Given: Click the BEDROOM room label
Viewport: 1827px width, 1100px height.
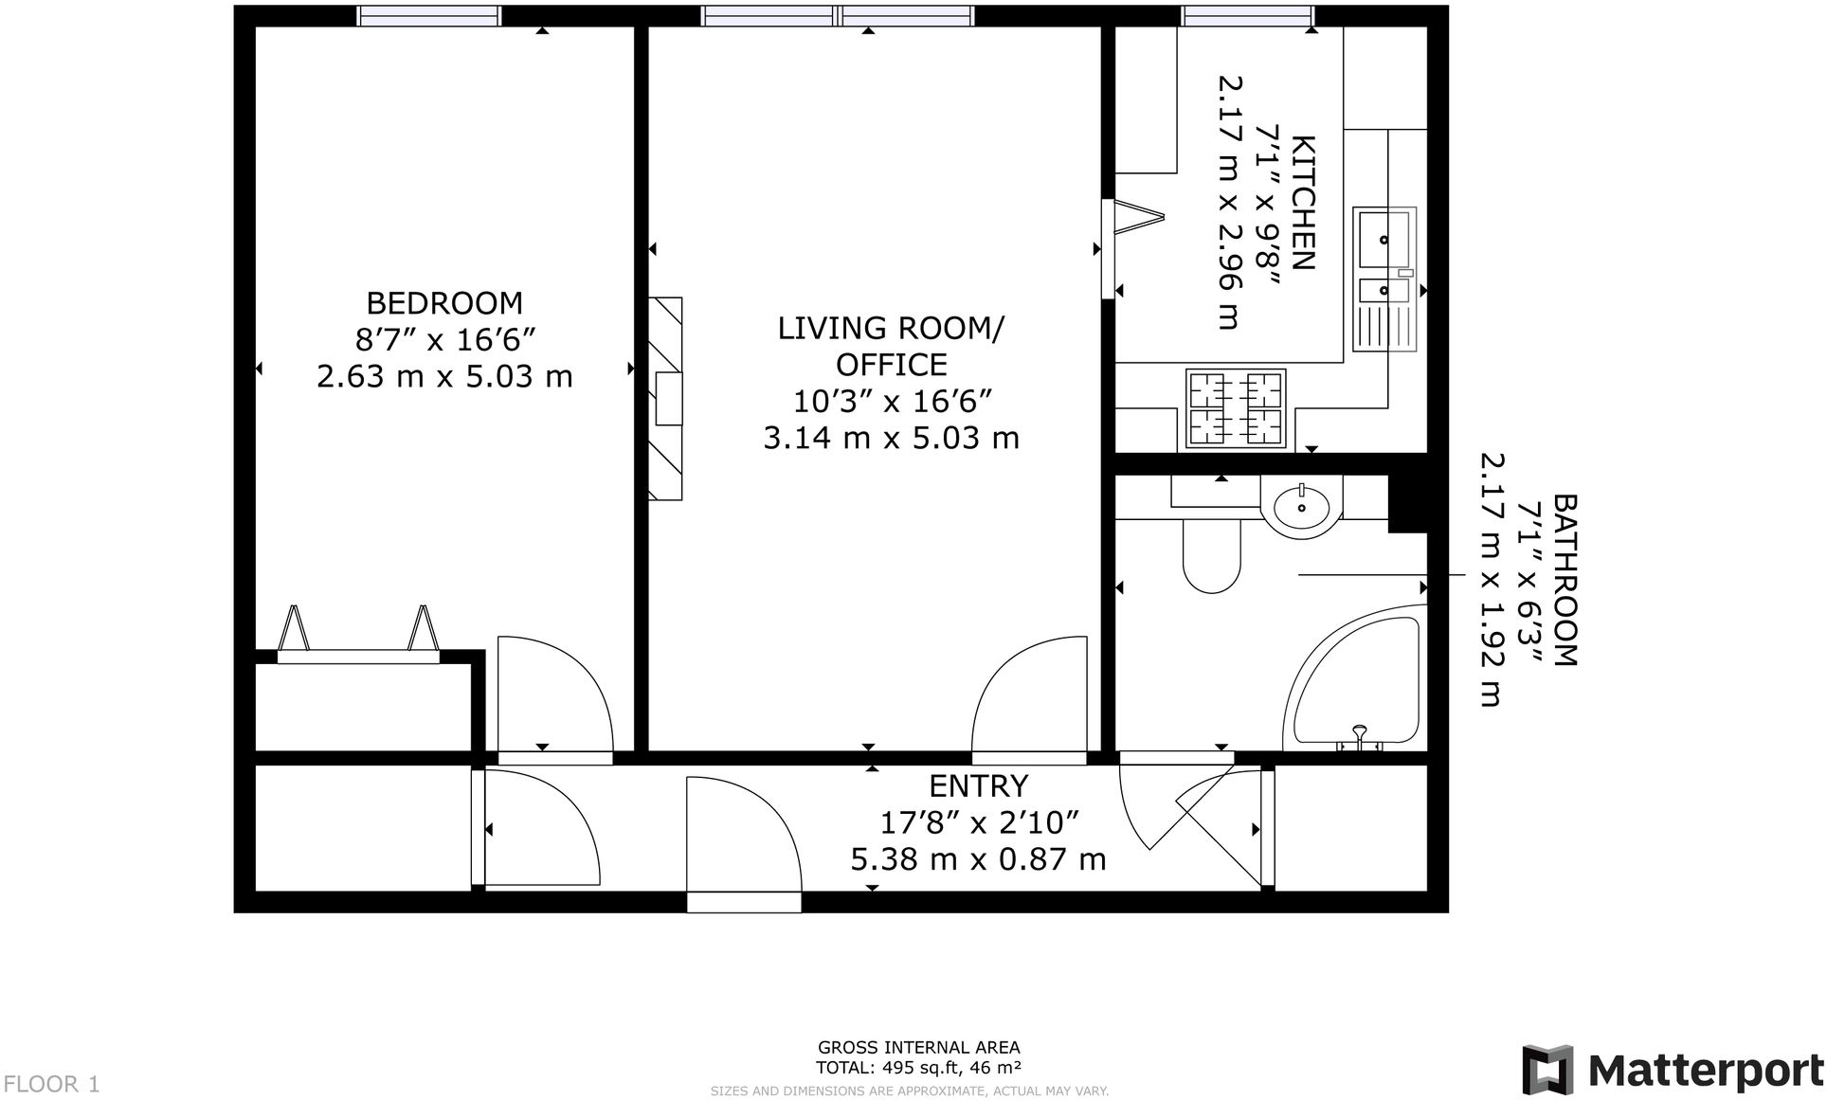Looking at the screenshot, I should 443,303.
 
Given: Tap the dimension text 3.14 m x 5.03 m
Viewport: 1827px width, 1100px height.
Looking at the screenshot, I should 891,438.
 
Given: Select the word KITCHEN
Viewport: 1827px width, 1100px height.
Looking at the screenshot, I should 1304,203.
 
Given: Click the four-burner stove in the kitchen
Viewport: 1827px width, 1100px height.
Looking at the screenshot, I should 1236,408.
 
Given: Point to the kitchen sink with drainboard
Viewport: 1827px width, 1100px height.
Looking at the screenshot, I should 1384,280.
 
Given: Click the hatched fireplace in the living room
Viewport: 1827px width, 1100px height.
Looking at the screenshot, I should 666,398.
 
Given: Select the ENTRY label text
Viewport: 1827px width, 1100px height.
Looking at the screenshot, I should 978,786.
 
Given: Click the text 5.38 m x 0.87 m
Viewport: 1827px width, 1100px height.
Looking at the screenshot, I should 978,859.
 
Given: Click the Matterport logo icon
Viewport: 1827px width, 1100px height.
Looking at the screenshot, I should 1547,1070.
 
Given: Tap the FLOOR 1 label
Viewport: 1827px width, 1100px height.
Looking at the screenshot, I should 51,1084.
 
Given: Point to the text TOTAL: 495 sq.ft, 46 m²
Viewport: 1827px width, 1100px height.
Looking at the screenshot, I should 918,1068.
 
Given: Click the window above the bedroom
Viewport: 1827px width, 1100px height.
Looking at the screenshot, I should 429,15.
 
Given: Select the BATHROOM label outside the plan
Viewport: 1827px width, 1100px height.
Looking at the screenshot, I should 1565,580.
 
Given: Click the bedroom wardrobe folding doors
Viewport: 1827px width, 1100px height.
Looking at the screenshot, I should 358,633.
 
